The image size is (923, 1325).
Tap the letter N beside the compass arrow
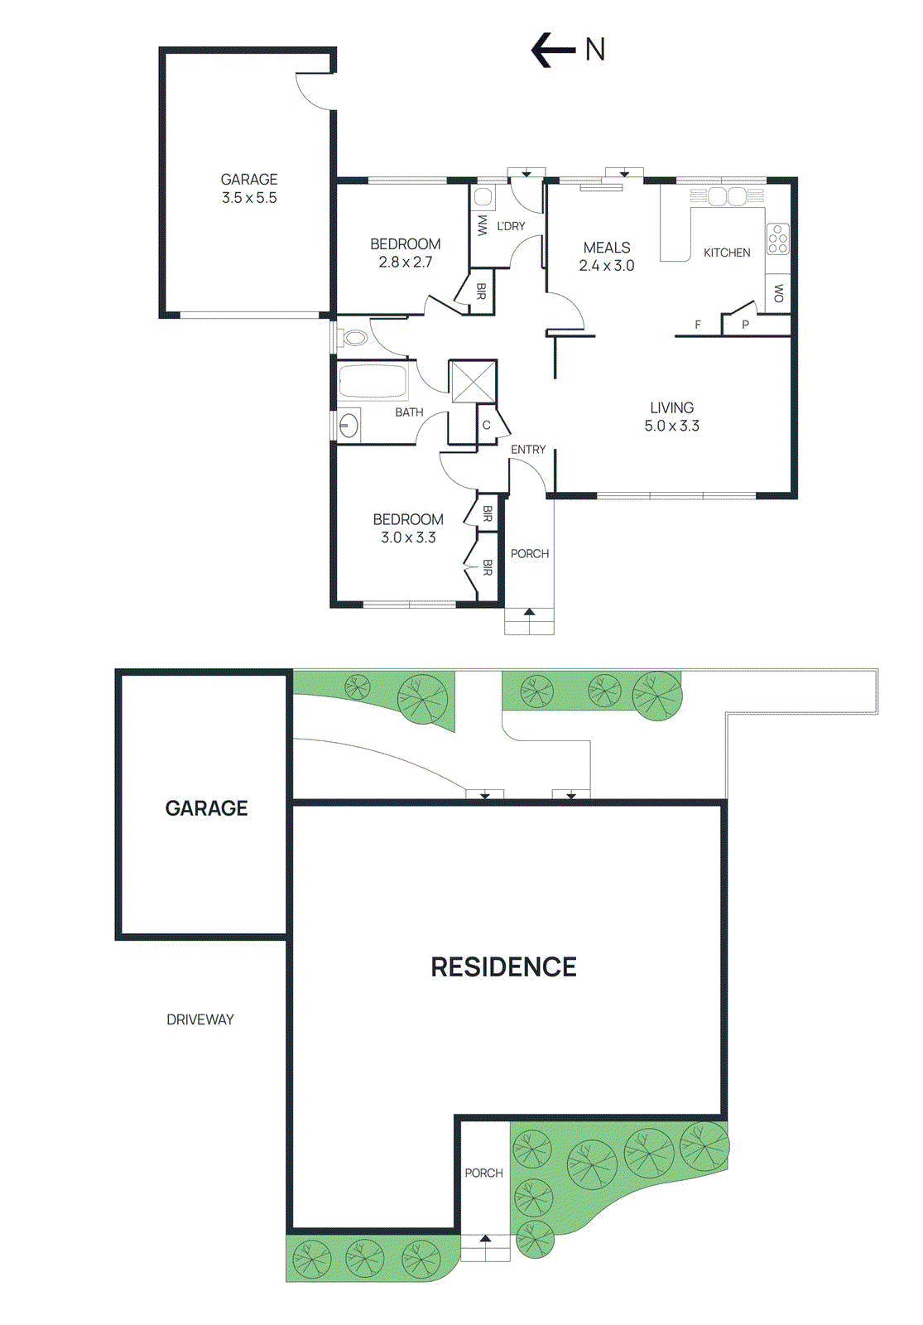pyautogui.click(x=594, y=50)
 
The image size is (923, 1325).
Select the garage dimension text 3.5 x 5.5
pyautogui.click(x=249, y=198)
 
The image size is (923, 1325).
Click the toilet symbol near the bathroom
pyautogui.click(x=353, y=337)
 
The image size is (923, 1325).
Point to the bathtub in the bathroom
pyautogui.click(x=373, y=382)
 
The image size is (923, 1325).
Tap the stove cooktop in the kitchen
pyautogui.click(x=777, y=238)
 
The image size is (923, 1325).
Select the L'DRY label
pyautogui.click(x=511, y=226)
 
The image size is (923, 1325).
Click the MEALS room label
pyautogui.click(x=607, y=248)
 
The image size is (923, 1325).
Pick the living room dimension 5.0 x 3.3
pyautogui.click(x=671, y=426)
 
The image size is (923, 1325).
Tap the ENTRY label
pyautogui.click(x=528, y=450)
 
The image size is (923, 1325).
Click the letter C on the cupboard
pyautogui.click(x=487, y=426)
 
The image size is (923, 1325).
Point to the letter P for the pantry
pyautogui.click(x=745, y=325)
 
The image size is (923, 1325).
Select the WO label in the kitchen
pyautogui.click(x=778, y=292)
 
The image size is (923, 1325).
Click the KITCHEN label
pyautogui.click(x=727, y=253)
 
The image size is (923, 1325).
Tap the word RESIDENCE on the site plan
pyautogui.click(x=503, y=967)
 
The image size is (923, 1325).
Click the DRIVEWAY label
pyautogui.click(x=200, y=1019)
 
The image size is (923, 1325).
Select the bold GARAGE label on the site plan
pyautogui.click(x=206, y=808)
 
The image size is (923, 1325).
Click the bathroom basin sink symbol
pyautogui.click(x=349, y=425)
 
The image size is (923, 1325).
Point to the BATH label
pyautogui.click(x=409, y=412)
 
